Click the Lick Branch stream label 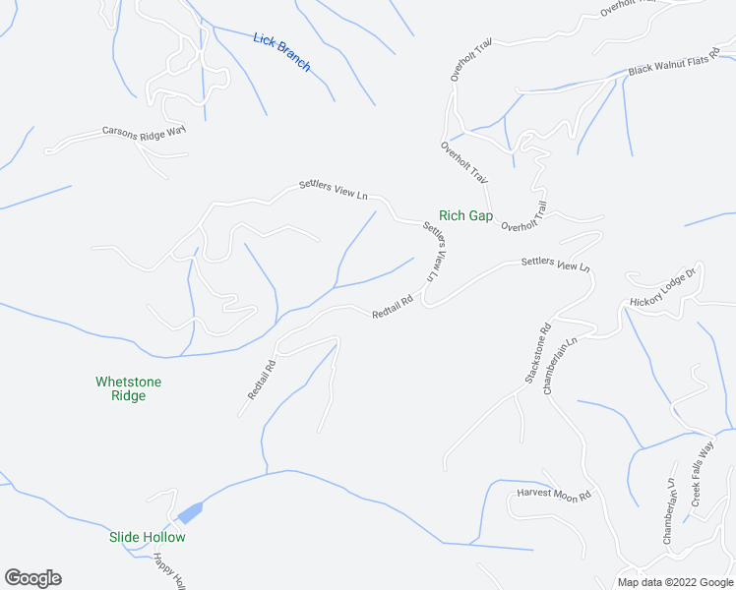281,52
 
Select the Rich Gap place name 465,215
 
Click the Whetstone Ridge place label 128,388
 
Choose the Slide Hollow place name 147,537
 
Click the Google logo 32,578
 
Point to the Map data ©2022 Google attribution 674,582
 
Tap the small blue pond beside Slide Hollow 190,513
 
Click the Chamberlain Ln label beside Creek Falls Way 668,511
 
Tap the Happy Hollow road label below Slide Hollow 169,571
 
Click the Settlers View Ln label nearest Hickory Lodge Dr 555,264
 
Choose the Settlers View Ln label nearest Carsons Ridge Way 334,189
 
